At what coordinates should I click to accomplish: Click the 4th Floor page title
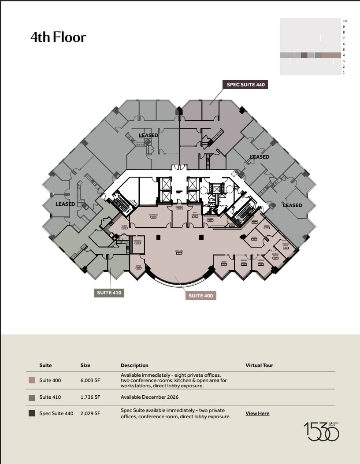click(58, 37)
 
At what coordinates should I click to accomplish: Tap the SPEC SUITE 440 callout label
click(245, 85)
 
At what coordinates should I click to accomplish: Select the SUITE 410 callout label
click(109, 293)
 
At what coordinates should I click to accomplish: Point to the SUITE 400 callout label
click(201, 296)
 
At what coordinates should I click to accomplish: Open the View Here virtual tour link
click(257, 413)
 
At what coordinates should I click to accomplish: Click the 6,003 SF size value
click(90, 380)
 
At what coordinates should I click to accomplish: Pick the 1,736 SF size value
click(90, 397)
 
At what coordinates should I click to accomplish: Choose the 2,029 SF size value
click(90, 413)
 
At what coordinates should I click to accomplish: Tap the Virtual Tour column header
click(259, 365)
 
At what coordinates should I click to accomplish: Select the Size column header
click(85, 365)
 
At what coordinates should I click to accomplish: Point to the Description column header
click(134, 365)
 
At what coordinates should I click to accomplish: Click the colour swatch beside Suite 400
click(32, 380)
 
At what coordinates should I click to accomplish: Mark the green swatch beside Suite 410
click(32, 397)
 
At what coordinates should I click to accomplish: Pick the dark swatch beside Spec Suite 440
click(32, 413)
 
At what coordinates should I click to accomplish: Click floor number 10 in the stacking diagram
click(345, 21)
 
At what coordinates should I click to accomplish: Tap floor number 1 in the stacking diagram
click(344, 72)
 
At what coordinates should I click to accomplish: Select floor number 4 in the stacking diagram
click(344, 55)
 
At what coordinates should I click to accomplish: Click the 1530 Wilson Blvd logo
click(321, 431)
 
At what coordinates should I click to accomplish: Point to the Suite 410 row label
click(50, 397)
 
